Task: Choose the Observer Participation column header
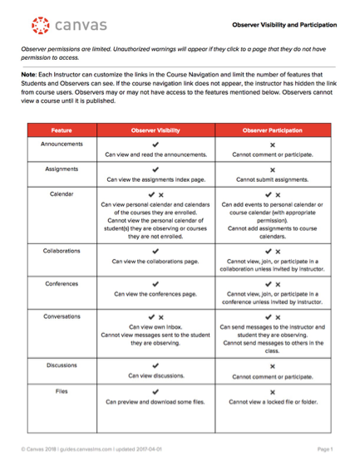click(x=273, y=130)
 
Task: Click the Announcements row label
click(x=61, y=144)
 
